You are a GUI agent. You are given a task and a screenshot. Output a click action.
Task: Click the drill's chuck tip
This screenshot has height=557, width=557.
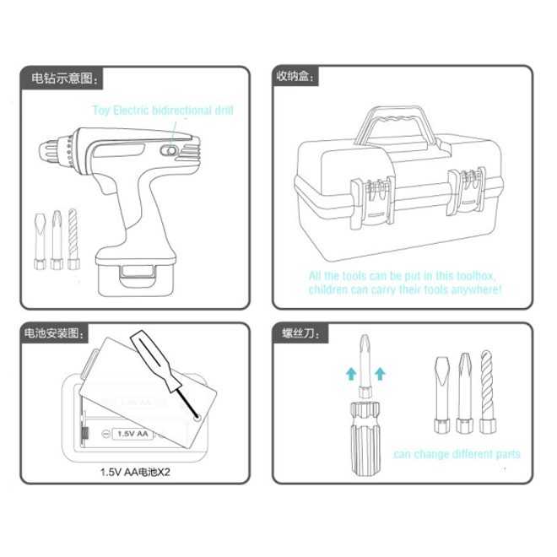tap(42, 151)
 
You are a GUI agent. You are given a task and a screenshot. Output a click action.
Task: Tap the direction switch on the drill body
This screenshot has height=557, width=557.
tap(168, 151)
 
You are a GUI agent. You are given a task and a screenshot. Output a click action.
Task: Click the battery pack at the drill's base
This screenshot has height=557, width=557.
tap(136, 279)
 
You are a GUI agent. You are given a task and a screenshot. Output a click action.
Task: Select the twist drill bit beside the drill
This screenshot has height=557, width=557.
tap(73, 239)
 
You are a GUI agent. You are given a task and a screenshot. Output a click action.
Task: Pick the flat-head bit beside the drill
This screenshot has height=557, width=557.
tap(40, 241)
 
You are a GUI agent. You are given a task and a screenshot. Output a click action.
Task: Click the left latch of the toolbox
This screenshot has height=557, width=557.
tap(373, 202)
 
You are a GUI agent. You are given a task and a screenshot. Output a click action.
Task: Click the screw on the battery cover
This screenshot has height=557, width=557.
tap(197, 418)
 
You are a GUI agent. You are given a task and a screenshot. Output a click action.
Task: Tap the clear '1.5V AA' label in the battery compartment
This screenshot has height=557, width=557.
tap(132, 434)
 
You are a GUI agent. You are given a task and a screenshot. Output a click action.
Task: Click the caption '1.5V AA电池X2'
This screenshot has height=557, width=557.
tap(135, 472)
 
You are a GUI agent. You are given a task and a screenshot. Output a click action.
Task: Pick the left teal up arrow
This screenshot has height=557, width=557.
tap(351, 374)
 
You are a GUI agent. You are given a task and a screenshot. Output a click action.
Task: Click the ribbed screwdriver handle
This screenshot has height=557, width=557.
tap(365, 439)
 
